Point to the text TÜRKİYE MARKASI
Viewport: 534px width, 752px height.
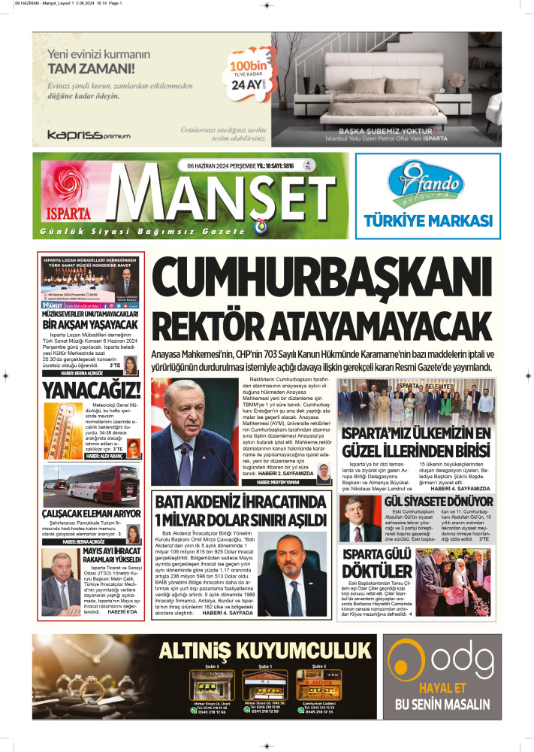427,220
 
